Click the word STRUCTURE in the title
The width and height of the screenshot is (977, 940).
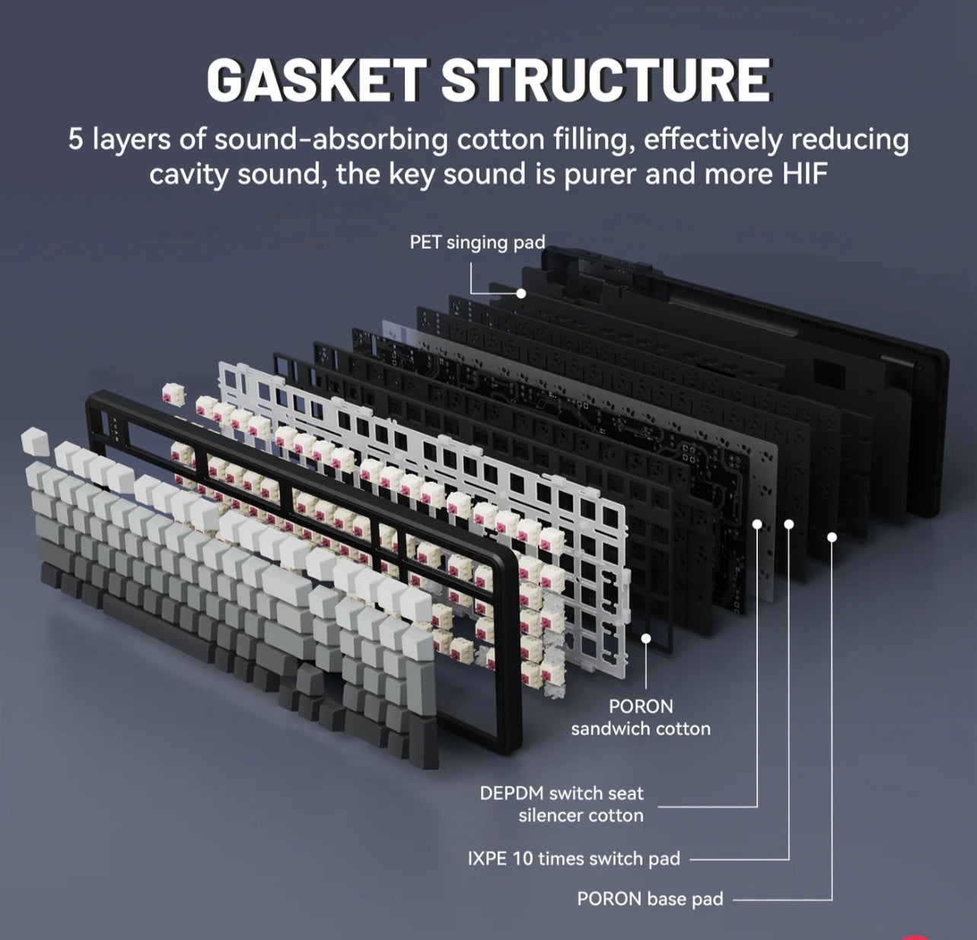click(x=605, y=81)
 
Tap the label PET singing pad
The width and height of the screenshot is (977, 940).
click(x=477, y=243)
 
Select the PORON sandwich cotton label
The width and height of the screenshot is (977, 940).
click(x=641, y=717)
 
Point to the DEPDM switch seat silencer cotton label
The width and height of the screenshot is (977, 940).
click(x=562, y=804)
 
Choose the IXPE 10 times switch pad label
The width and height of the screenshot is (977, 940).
click(x=574, y=859)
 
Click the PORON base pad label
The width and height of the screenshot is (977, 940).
click(x=650, y=899)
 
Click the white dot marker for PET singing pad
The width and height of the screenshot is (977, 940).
click(x=521, y=293)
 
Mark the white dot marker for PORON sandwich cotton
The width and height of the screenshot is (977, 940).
click(x=646, y=640)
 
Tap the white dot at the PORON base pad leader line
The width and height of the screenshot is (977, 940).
click(x=832, y=537)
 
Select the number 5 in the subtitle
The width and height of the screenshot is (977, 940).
click(x=75, y=140)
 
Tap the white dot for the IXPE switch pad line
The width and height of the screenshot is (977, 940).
click(x=789, y=524)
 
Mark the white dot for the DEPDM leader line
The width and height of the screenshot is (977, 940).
click(x=758, y=524)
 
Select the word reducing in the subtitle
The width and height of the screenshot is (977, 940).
click(x=850, y=140)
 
